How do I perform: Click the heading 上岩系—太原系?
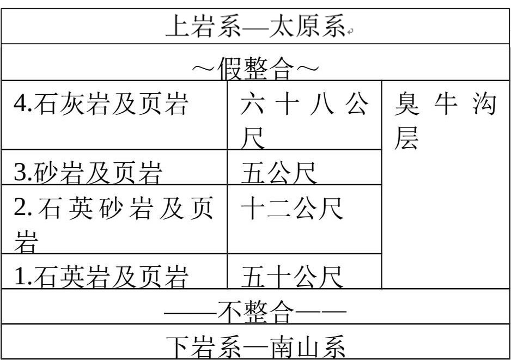tap(255, 26)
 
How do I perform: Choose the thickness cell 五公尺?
tap(279, 173)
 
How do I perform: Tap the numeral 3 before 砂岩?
tap(20, 174)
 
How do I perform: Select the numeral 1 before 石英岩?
tap(20, 278)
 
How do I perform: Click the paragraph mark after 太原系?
tap(351, 32)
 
